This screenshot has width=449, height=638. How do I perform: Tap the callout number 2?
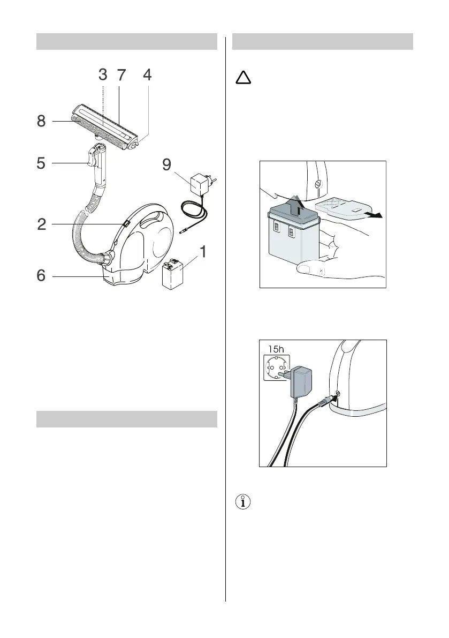[x=42, y=224]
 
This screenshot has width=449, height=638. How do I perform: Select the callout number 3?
[x=103, y=76]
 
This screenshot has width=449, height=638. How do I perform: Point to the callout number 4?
[x=147, y=76]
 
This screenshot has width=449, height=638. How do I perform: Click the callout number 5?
[x=42, y=163]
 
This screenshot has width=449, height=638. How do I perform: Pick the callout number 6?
[x=42, y=276]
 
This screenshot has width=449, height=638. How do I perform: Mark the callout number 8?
[x=42, y=122]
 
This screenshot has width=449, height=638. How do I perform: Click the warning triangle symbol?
[x=243, y=79]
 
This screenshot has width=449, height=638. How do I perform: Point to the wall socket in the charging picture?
[x=277, y=371]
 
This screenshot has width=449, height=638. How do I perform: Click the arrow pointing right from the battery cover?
[x=375, y=215]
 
